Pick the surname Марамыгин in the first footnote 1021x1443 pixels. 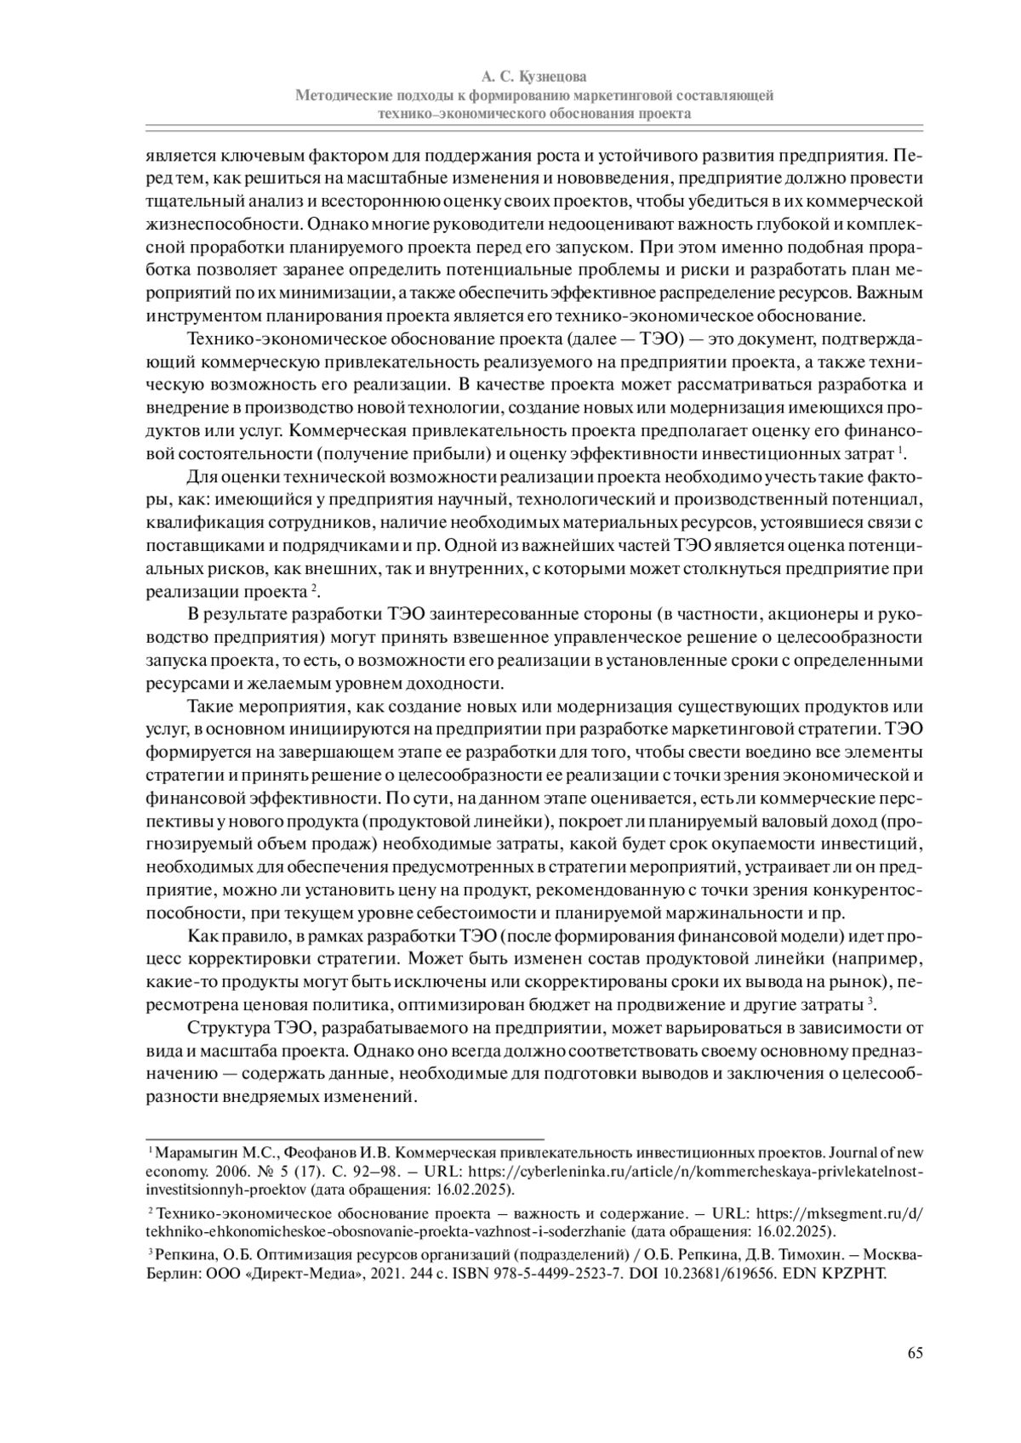click(192, 1153)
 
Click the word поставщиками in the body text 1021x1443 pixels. click(197, 544)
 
